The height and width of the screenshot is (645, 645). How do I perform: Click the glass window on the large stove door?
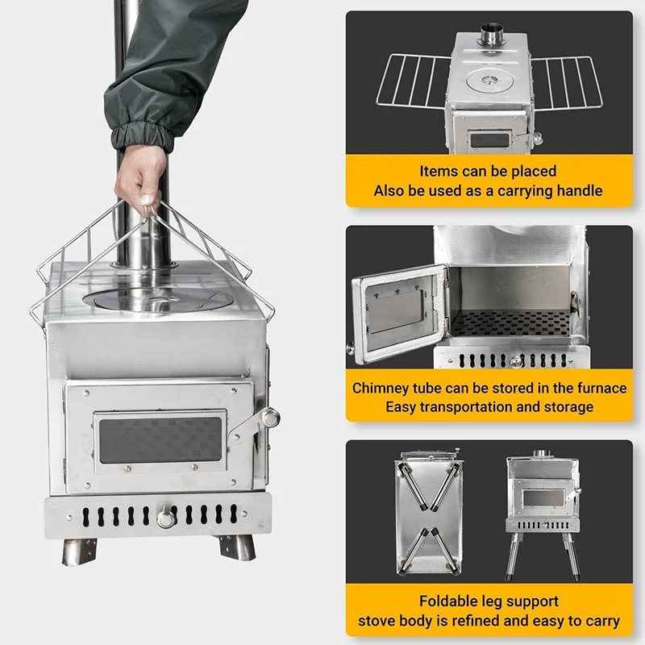(x=160, y=439)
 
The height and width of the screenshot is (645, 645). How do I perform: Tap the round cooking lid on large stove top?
(x=158, y=299)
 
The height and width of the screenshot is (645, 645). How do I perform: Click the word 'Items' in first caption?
(x=439, y=171)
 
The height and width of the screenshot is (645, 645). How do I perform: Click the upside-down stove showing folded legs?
(x=427, y=511)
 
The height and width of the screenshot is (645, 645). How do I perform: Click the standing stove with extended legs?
(x=542, y=508)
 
